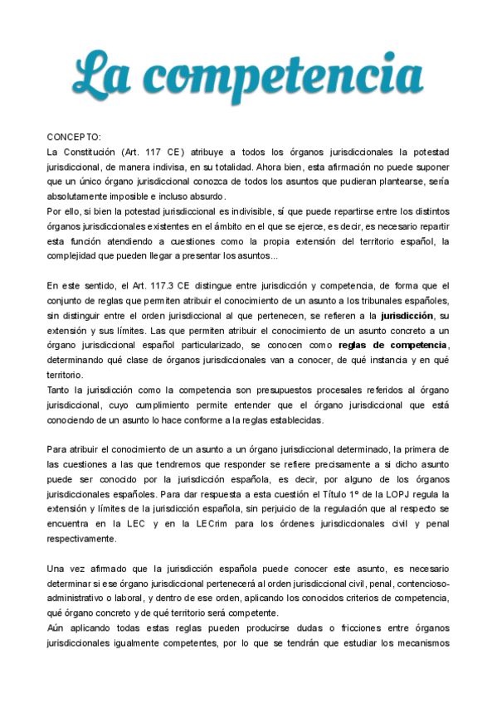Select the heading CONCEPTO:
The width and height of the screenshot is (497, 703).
pyautogui.click(x=73, y=137)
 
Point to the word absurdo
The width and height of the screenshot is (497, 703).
pyautogui.click(x=202, y=196)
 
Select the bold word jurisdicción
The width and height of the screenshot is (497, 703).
pyautogui.click(x=407, y=316)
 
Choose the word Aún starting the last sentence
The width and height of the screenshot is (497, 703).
pyautogui.click(x=56, y=628)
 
